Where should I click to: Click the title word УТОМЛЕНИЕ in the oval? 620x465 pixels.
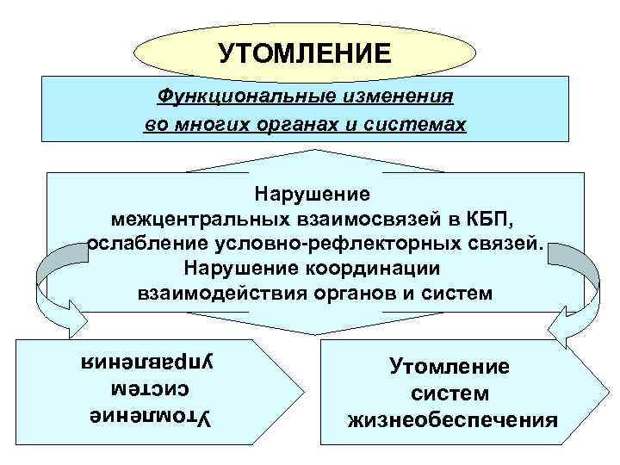click(303, 54)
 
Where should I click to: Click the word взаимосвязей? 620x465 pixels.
click(366, 216)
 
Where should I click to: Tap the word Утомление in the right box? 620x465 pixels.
click(450, 367)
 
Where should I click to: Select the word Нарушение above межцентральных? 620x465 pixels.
click(313, 191)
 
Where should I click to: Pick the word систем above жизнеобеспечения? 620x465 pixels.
click(450, 394)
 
